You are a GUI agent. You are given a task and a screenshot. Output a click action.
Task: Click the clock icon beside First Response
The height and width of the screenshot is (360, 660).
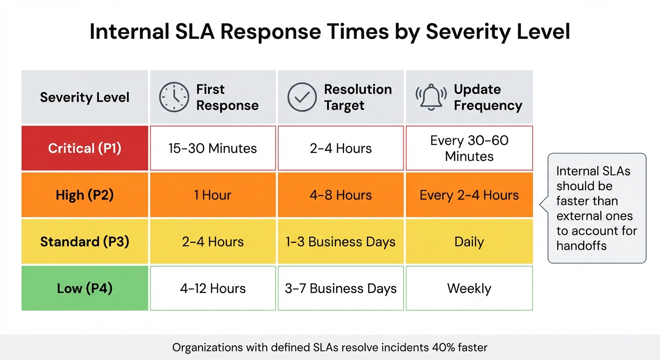(x=174, y=97)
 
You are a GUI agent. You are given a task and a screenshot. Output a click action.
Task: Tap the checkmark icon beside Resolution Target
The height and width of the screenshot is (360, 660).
(x=302, y=97)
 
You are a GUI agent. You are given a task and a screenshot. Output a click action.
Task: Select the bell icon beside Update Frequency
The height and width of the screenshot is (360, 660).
(x=430, y=97)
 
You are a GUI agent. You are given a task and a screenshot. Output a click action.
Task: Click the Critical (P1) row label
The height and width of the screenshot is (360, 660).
(x=85, y=148)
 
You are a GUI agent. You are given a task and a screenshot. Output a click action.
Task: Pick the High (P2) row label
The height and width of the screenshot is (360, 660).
(x=85, y=195)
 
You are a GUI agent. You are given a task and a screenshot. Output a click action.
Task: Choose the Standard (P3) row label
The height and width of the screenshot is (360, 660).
(x=85, y=242)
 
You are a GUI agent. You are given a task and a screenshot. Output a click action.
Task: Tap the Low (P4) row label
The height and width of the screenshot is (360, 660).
(x=85, y=288)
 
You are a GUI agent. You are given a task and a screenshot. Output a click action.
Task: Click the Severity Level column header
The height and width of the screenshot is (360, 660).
(x=85, y=97)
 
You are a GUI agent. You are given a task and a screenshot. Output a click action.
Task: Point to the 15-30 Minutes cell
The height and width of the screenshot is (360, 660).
(x=213, y=149)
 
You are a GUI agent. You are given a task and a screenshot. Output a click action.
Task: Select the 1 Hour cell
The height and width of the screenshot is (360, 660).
(x=213, y=195)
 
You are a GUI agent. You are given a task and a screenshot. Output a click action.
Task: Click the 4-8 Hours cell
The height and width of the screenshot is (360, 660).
(x=341, y=195)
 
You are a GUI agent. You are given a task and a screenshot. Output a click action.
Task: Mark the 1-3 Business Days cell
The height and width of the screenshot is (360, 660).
(x=341, y=242)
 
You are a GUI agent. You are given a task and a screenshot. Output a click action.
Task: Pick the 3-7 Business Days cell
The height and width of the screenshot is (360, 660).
(x=341, y=288)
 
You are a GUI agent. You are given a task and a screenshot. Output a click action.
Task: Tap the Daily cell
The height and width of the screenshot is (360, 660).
(x=469, y=242)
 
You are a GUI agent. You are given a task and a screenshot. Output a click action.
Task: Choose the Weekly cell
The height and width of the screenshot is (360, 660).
(x=469, y=288)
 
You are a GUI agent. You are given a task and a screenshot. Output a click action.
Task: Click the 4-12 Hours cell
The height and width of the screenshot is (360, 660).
(x=213, y=288)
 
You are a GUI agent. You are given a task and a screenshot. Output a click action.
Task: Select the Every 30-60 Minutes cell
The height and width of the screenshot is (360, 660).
(x=469, y=148)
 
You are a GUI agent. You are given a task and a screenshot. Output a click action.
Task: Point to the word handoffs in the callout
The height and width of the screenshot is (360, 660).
(x=581, y=246)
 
